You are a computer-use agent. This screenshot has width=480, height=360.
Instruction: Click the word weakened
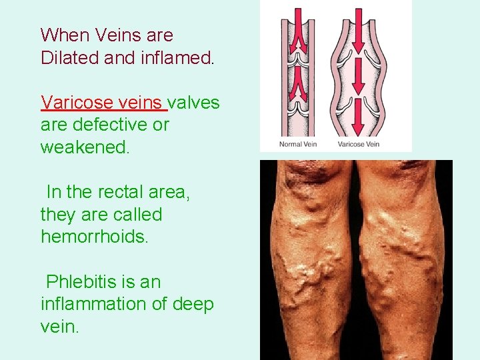[x=85, y=147]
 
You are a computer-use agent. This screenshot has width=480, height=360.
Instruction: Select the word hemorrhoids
[x=93, y=237]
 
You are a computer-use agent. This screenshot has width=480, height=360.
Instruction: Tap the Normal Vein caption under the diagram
[x=297, y=144]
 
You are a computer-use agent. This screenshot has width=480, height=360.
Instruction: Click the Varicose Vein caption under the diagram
[x=359, y=144]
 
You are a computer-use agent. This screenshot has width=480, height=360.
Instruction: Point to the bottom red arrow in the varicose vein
[x=359, y=116]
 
